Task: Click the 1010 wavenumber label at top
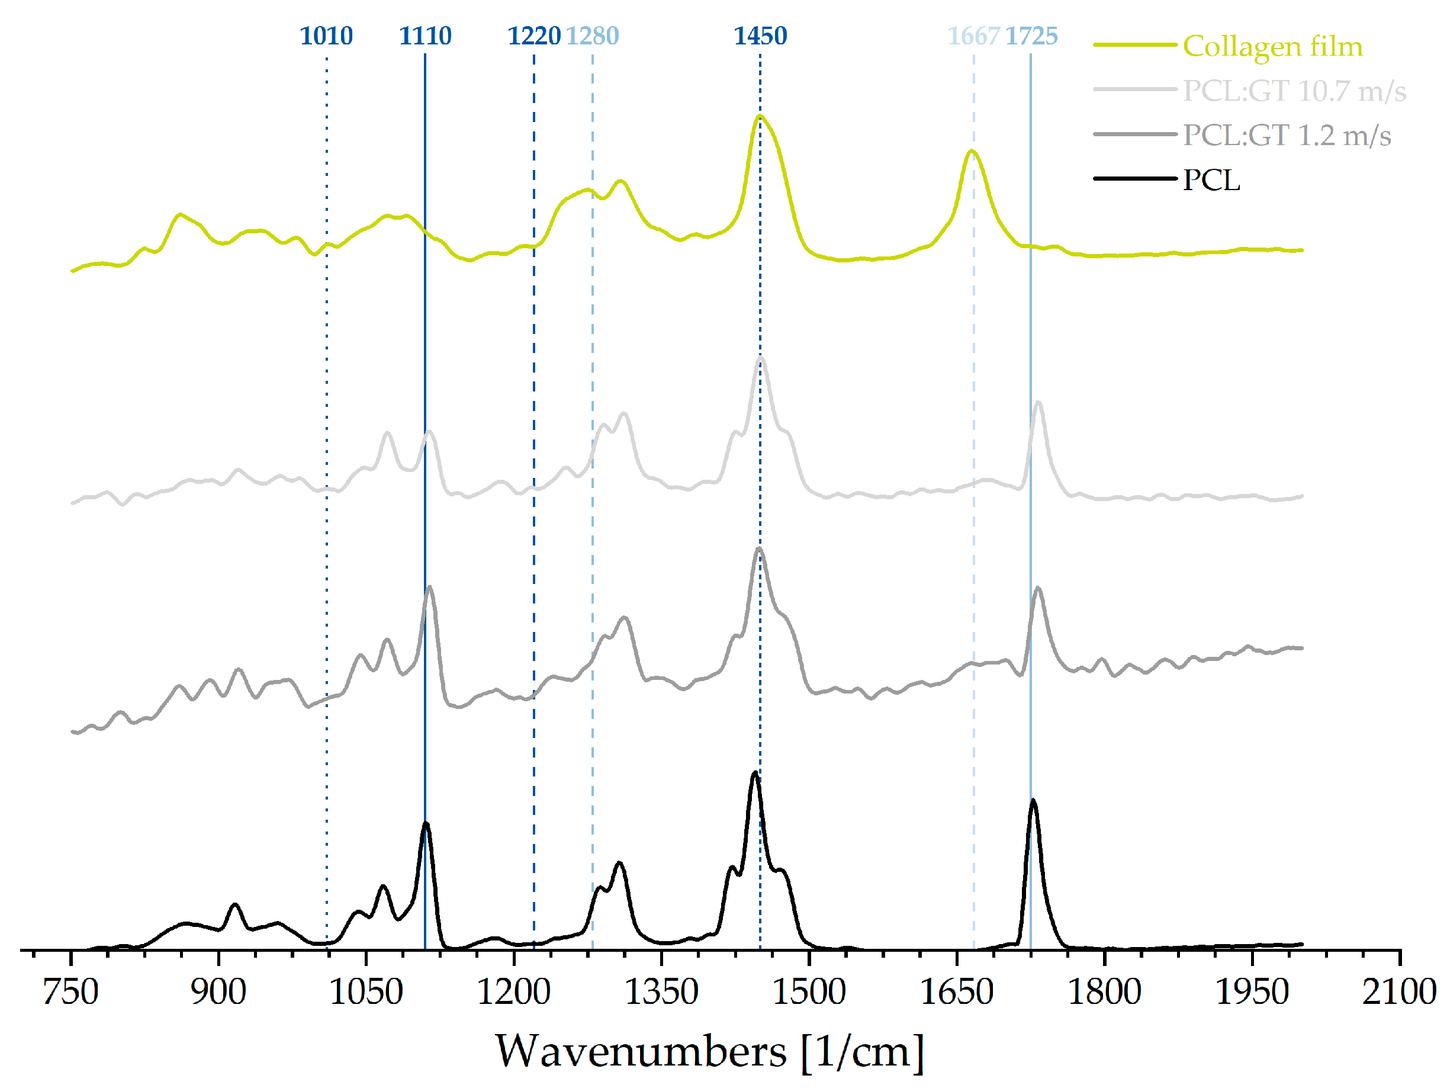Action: pos(326,36)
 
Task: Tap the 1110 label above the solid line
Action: pos(425,36)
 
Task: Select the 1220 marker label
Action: pos(534,36)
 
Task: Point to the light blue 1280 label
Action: pos(592,36)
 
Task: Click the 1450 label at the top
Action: pos(760,36)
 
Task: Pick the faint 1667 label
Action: pos(973,36)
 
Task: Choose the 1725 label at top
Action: pos(1031,36)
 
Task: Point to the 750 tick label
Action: pos(70,991)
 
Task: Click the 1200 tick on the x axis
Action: pos(513,991)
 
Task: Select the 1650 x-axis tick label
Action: pos(956,991)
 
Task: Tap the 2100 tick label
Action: pos(1399,991)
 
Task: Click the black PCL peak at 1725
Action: pos(1033,801)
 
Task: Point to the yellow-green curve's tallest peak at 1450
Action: pos(760,117)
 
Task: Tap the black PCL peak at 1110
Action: pos(426,824)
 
